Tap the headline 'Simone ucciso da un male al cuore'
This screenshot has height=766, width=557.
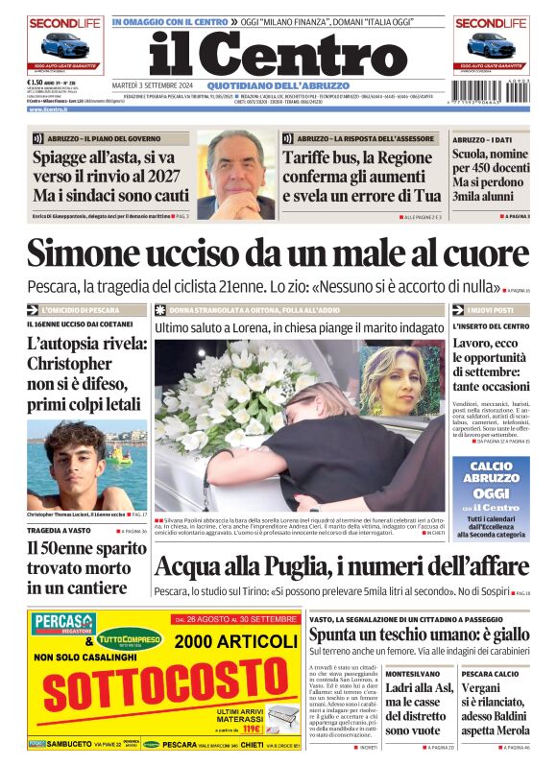[x=278, y=253]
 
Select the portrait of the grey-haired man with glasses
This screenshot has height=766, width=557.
[x=234, y=174]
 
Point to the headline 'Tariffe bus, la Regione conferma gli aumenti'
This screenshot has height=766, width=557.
[x=361, y=174]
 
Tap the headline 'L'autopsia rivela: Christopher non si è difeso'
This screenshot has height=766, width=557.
[x=86, y=374]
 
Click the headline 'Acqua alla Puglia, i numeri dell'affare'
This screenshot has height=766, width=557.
[x=341, y=568]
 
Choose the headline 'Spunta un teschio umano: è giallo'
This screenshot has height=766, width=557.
[x=419, y=634]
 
